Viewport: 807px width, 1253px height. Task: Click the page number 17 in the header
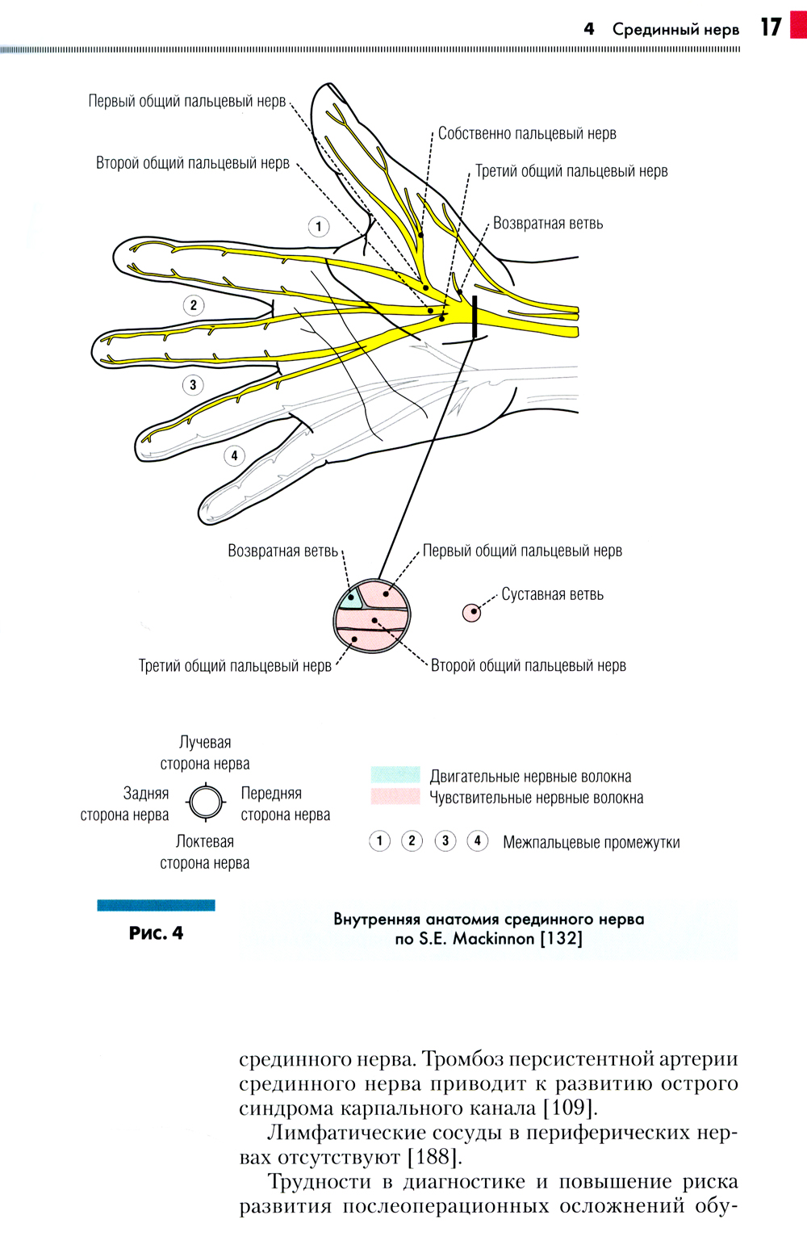(771, 27)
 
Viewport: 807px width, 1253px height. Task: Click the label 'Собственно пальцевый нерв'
(527, 134)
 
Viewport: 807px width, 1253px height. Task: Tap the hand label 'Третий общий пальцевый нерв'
(571, 171)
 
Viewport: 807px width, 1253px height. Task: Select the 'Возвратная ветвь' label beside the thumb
(547, 224)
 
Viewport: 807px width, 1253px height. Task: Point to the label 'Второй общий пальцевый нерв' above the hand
(193, 163)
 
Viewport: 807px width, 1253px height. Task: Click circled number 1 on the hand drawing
(319, 226)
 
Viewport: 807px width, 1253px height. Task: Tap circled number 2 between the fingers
(193, 305)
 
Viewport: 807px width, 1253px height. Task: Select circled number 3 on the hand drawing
(193, 384)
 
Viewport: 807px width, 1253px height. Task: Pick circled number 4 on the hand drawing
(234, 455)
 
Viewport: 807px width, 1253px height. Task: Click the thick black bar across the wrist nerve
(475, 316)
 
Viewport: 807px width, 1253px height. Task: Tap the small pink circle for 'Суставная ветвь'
(471, 612)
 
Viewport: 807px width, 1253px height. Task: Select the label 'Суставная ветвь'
(552, 595)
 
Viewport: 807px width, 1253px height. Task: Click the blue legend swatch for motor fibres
(395, 775)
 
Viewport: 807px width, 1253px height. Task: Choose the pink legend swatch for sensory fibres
(395, 797)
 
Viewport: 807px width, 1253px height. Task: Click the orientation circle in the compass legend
(205, 803)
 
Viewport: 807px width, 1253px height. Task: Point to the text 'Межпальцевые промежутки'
(591, 843)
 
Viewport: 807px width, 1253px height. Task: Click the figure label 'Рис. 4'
(156, 933)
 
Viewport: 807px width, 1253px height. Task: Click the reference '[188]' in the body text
(433, 1157)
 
